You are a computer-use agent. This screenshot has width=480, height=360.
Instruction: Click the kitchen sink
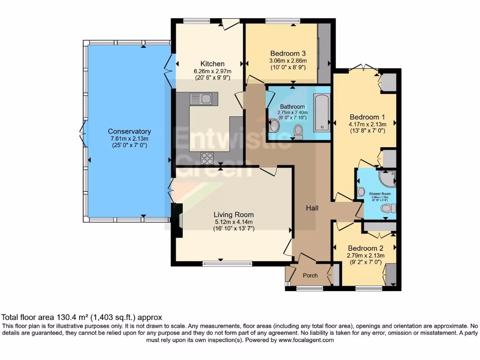201,98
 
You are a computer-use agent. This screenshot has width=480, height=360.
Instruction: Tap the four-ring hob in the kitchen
207,158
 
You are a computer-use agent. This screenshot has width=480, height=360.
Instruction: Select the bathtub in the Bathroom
322,112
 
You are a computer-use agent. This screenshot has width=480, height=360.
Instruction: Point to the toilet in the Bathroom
297,132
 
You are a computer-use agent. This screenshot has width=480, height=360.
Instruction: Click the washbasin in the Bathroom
274,125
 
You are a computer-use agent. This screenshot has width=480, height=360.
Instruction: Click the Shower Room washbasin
360,192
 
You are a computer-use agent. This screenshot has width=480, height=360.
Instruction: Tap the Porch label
310,276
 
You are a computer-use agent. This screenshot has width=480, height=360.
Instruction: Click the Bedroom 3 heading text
288,53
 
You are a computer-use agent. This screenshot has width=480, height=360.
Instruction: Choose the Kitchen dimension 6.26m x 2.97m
212,71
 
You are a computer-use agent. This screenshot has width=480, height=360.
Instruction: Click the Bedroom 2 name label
366,248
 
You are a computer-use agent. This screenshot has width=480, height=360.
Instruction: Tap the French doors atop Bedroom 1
364,69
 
